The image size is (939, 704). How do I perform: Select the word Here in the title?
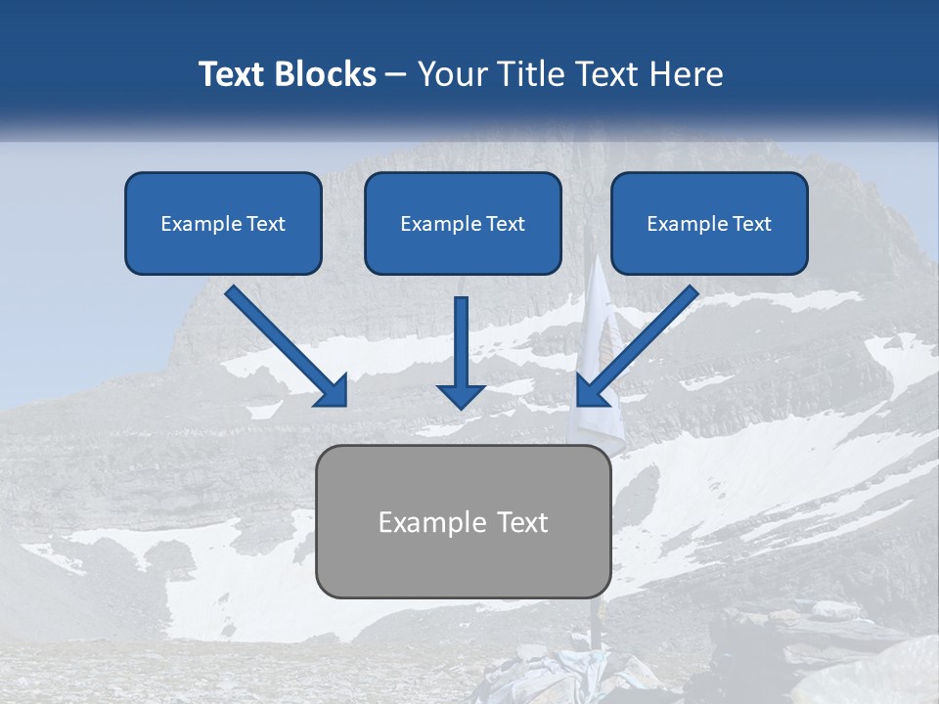(688, 74)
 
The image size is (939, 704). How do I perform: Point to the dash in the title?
(396, 75)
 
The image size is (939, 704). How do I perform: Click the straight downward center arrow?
(461, 347)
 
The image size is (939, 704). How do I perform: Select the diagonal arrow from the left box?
(284, 344)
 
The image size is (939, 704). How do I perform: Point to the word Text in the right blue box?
(750, 224)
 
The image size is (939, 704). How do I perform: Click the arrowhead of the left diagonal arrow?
(332, 391)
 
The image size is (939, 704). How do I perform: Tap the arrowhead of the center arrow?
(461, 394)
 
